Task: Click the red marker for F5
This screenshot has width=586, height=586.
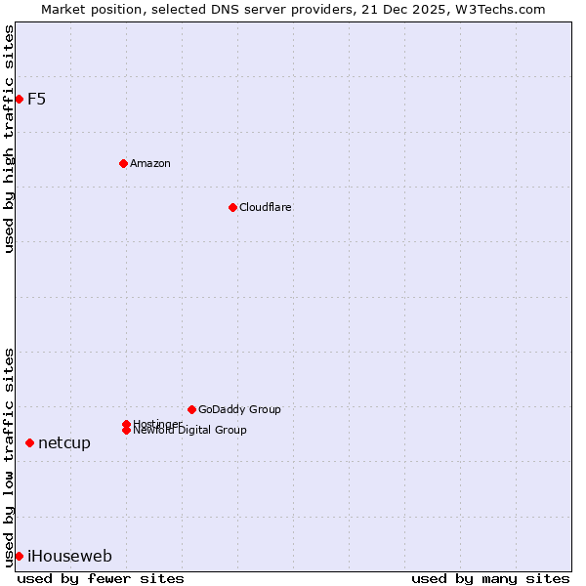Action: click(x=19, y=99)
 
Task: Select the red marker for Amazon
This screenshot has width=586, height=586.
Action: click(x=123, y=163)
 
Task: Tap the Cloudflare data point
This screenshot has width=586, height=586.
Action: click(x=232, y=207)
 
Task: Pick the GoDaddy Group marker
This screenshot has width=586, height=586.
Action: click(x=191, y=409)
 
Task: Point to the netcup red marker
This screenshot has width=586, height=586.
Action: click(x=29, y=442)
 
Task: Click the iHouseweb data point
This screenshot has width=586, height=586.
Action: click(x=19, y=556)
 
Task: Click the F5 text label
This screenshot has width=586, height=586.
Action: click(x=37, y=99)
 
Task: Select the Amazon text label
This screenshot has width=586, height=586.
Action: click(x=150, y=163)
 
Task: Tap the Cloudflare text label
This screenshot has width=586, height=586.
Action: click(x=266, y=207)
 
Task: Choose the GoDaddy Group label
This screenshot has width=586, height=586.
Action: click(x=239, y=409)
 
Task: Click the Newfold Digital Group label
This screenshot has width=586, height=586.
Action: click(x=190, y=431)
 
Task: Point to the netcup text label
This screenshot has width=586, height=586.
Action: click(x=64, y=443)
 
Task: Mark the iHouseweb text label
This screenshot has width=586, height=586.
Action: click(x=69, y=557)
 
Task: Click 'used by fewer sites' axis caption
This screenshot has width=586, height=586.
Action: click(x=101, y=578)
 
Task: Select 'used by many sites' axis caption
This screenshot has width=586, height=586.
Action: click(x=490, y=578)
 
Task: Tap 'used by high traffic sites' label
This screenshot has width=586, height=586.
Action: click(x=9, y=140)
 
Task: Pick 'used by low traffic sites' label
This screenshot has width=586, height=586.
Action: click(x=9, y=456)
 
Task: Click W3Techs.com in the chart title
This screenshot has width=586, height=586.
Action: click(x=503, y=9)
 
